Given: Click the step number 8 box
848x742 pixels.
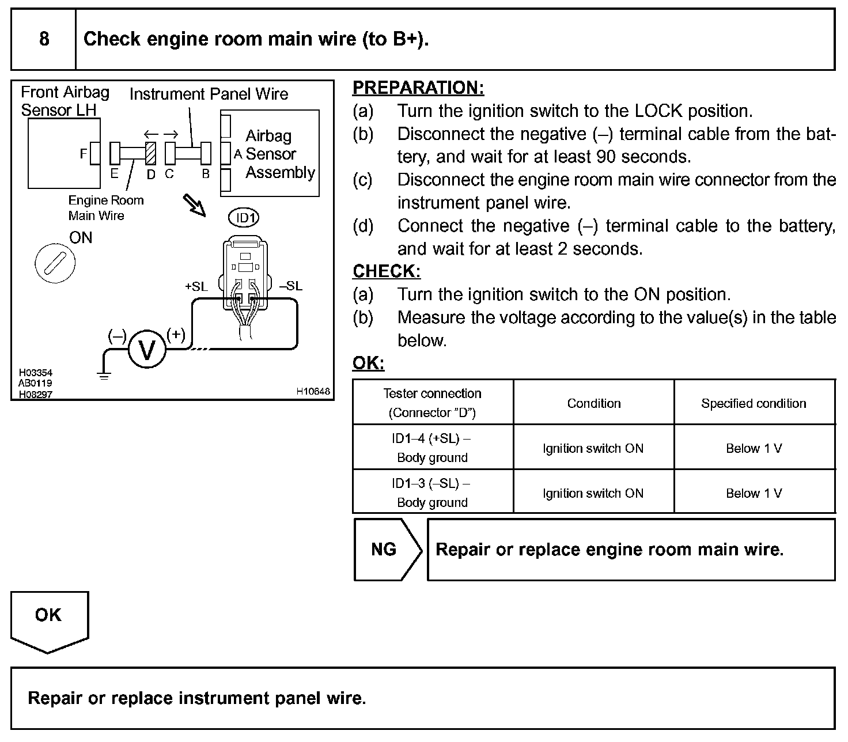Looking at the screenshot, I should (44, 39).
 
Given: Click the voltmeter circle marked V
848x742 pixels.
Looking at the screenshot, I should (147, 350).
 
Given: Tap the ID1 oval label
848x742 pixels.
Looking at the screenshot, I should (244, 218).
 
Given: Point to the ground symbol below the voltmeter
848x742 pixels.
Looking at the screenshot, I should (104, 376).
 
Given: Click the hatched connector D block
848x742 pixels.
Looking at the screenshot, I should (151, 153).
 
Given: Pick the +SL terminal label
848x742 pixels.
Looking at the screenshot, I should (196, 286).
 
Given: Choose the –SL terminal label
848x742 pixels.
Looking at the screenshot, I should (290, 286).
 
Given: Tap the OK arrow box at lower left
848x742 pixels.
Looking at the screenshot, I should (49, 620).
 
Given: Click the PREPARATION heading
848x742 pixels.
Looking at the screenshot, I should (418, 88).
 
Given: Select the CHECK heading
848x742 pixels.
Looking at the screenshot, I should (387, 271).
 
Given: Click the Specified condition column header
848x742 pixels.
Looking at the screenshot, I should (754, 403).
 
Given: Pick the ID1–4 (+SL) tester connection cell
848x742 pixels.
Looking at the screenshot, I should (432, 448).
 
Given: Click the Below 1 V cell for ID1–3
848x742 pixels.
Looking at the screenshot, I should (754, 493).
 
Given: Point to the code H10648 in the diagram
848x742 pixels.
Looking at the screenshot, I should (313, 392).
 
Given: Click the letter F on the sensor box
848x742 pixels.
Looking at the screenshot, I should (84, 154).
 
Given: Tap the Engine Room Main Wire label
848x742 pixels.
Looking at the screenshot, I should (105, 207).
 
